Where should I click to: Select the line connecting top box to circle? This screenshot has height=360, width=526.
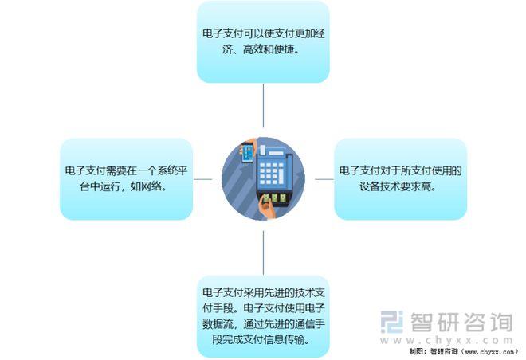(263, 106)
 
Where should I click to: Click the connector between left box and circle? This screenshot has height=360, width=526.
(203, 179)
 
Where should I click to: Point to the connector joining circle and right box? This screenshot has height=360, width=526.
(324, 179)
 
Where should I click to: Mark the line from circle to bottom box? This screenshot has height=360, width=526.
(263, 252)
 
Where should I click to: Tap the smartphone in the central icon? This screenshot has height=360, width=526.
(248, 153)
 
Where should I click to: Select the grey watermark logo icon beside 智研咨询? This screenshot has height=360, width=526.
(391, 322)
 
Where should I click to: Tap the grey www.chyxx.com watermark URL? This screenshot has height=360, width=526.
(446, 340)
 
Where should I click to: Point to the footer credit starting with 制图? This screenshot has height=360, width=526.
(464, 351)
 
